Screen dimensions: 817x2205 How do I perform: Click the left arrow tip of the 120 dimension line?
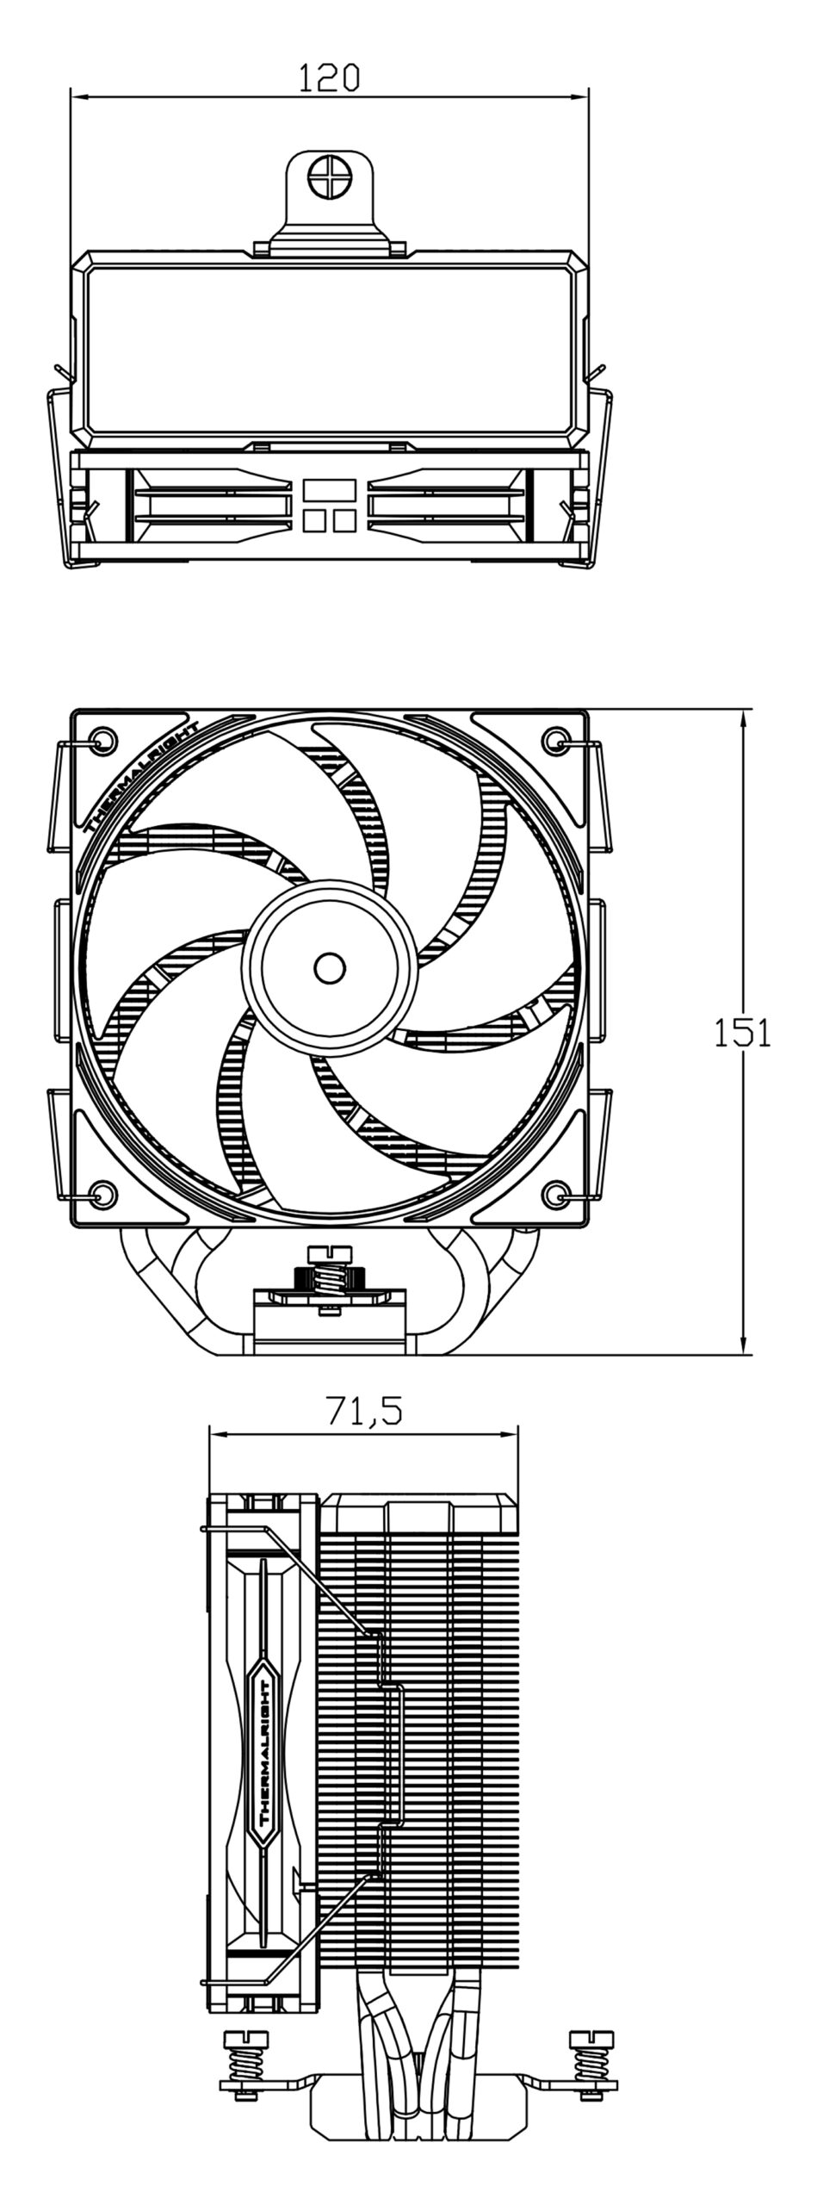(x=71, y=97)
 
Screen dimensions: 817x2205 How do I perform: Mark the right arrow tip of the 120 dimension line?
(x=590, y=97)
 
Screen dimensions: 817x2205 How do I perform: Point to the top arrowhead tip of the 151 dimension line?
(x=742, y=710)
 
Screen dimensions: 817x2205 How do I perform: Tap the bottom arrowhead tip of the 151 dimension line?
(x=742, y=1353)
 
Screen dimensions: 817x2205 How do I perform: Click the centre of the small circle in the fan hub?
(x=328, y=968)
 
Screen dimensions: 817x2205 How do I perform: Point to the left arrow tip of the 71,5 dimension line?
(x=209, y=1435)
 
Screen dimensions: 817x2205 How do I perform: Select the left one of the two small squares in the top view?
(x=313, y=520)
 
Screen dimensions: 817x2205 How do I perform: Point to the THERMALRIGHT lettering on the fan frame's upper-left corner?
(x=144, y=777)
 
